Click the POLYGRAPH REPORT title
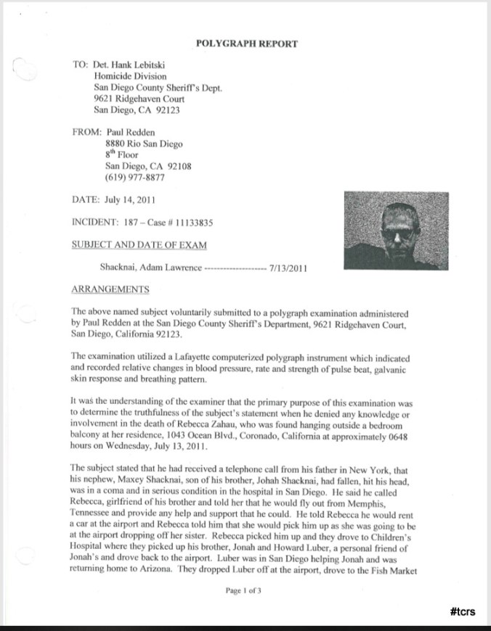pyautogui.click(x=247, y=44)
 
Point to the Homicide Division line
pyautogui.click(x=130, y=76)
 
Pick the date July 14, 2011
pyautogui.click(x=129, y=199)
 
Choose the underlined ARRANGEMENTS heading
pyautogui.click(x=110, y=290)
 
